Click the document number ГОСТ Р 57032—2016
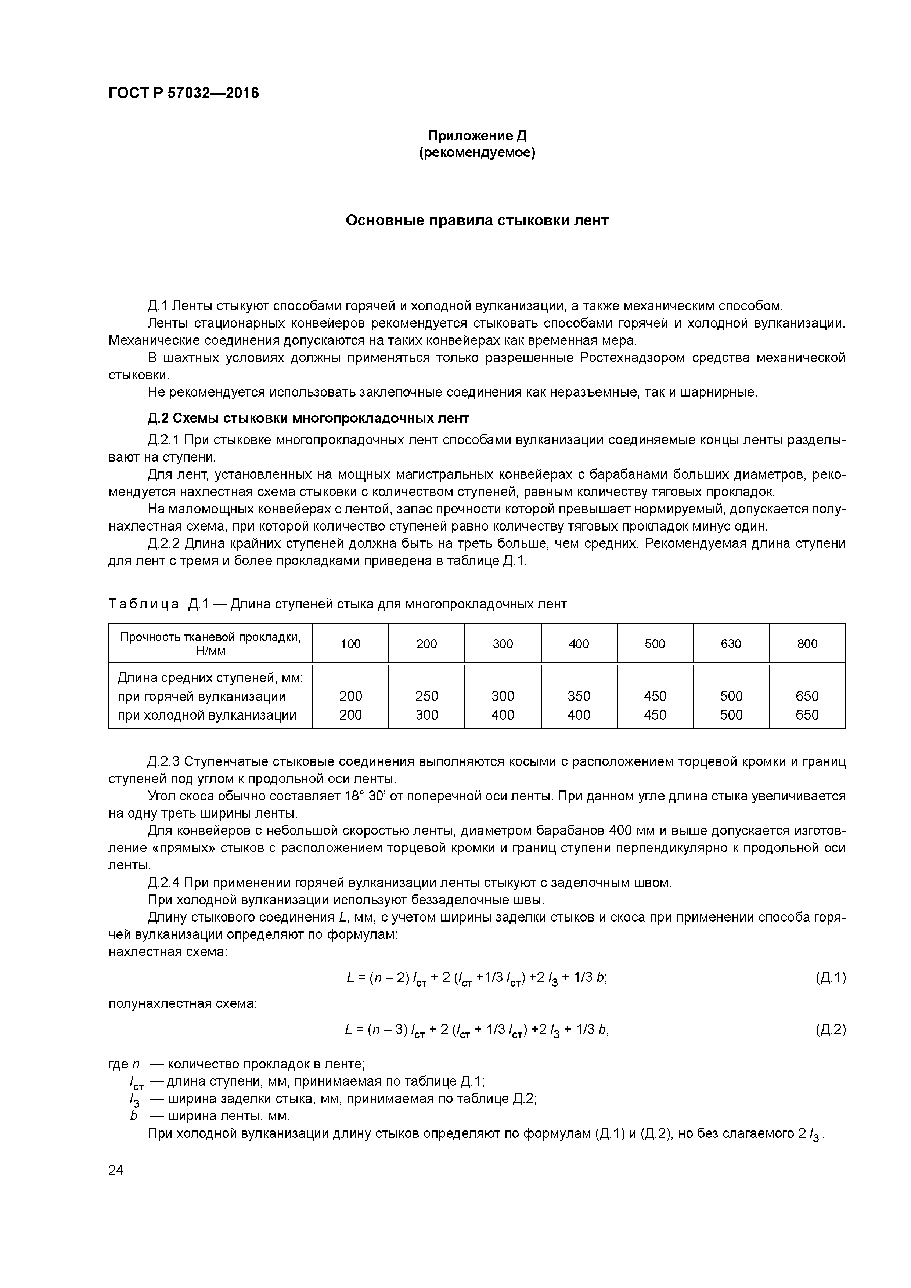tap(184, 93)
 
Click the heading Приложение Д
tap(477, 136)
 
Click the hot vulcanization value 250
tap(426, 696)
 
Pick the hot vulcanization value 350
tap(579, 696)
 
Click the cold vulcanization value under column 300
tap(503, 715)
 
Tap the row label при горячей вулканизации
tap(202, 696)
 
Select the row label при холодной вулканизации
tap(206, 715)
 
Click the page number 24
tap(116, 1170)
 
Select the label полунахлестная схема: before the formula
tap(183, 1003)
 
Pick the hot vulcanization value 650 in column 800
tap(807, 696)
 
